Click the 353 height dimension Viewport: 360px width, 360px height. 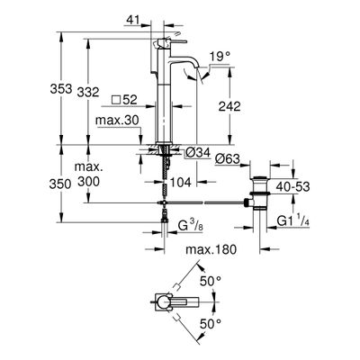point(61,89)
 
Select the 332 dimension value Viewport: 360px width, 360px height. point(88,92)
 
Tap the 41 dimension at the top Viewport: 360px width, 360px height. point(133,20)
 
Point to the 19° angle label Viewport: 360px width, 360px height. point(220,57)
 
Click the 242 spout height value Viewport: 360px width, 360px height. point(229,106)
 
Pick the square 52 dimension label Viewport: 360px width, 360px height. point(124,100)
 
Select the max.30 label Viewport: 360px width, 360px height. point(117,121)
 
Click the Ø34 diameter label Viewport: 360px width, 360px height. point(197,153)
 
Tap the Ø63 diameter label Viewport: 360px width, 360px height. point(228,158)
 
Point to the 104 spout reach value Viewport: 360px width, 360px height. point(181,182)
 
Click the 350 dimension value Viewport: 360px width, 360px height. point(60,184)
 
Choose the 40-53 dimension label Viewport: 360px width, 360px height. point(292,187)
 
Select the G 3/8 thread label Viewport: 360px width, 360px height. point(191,226)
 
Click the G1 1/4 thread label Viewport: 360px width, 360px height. point(292,221)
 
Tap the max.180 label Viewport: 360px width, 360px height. point(211,249)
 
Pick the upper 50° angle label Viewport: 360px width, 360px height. point(211,282)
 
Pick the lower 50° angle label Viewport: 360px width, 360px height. point(211,324)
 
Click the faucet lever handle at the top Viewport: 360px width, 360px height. point(170,42)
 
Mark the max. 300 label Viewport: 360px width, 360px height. point(89,175)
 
